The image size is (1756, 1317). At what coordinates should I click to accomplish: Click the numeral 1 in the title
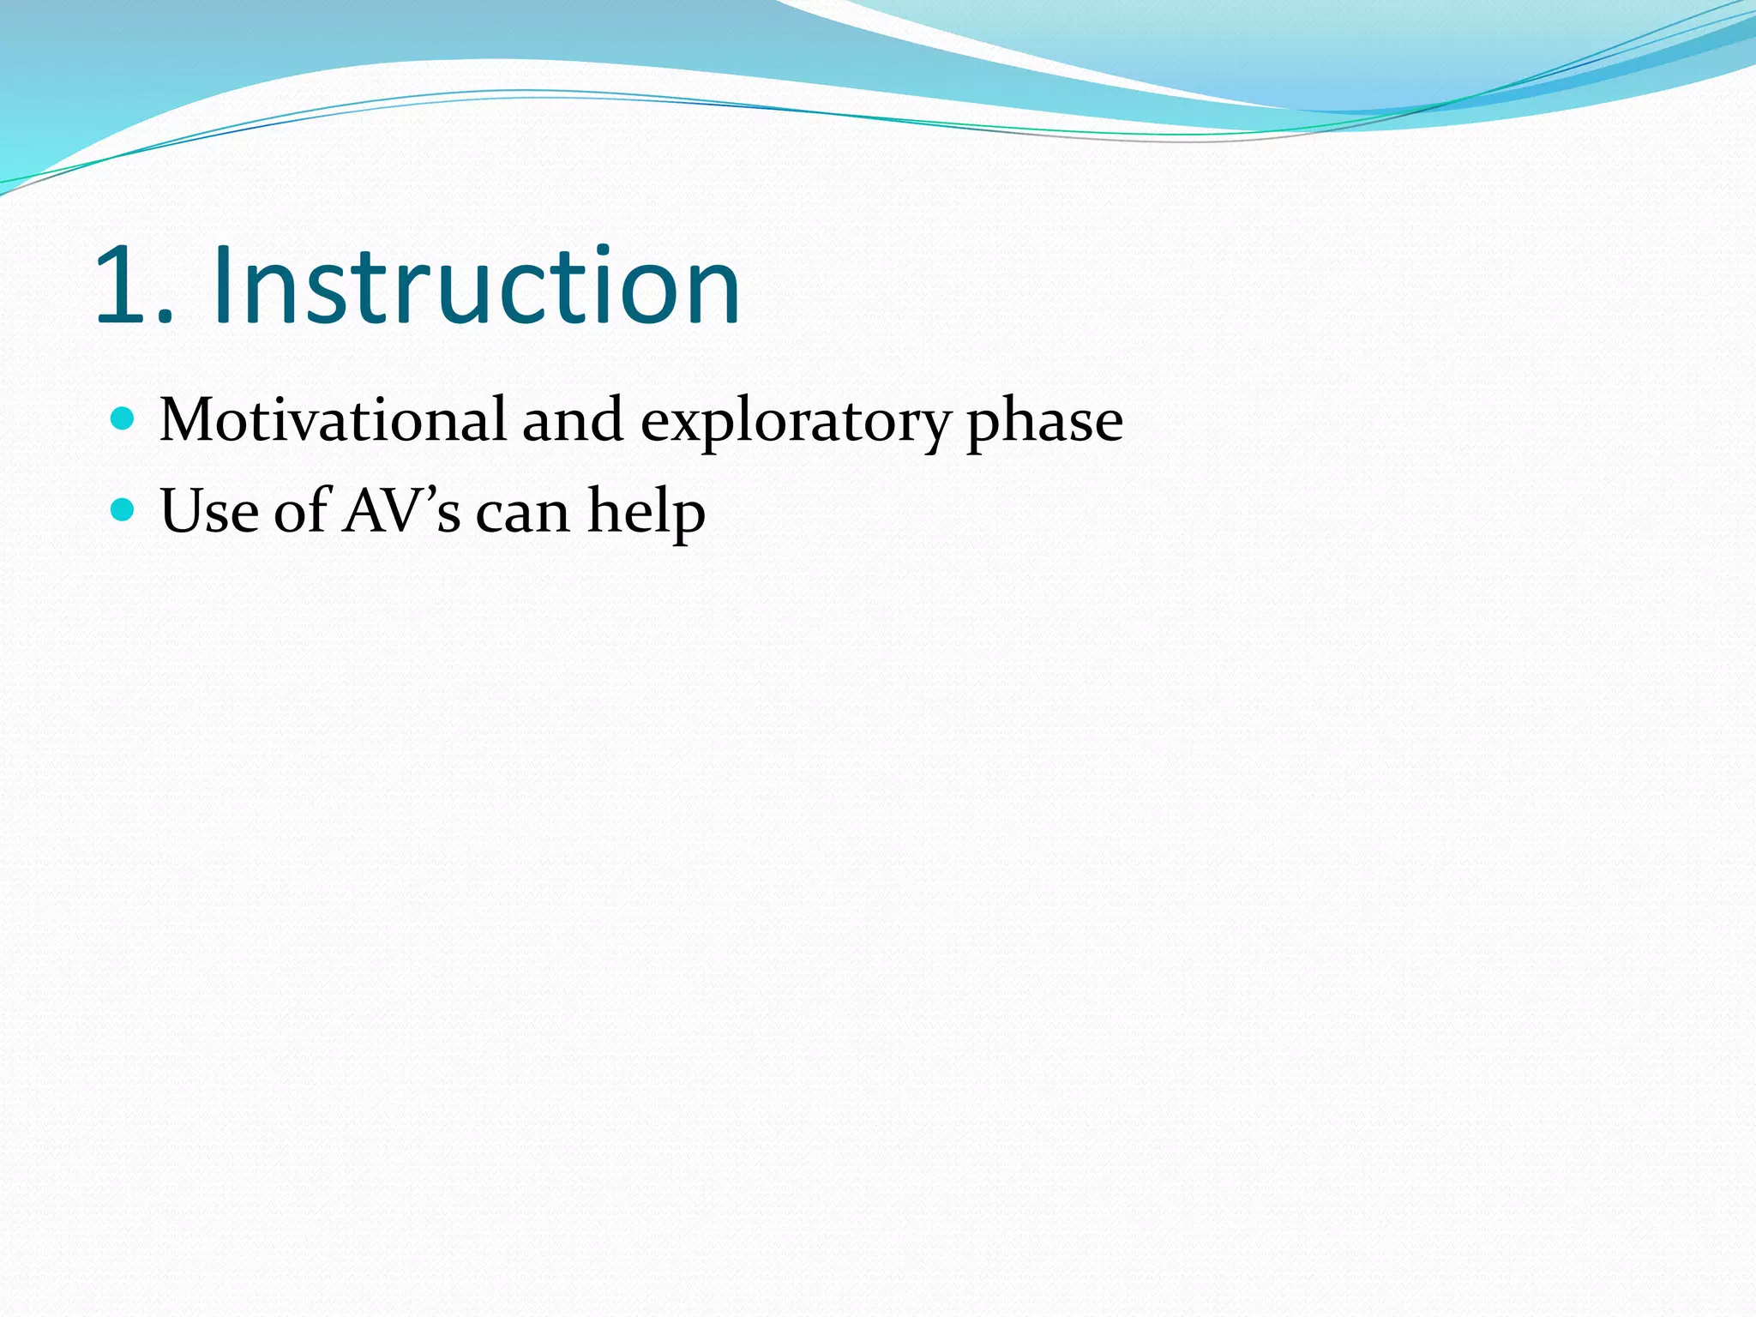(x=127, y=286)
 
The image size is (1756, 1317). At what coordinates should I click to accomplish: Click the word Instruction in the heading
(x=477, y=286)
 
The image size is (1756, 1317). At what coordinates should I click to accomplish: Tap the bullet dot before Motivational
(x=123, y=419)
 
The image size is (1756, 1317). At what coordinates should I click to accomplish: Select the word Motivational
(x=333, y=421)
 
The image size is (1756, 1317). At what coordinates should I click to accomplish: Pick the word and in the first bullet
(x=573, y=421)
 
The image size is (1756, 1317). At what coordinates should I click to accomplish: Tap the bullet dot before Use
(x=123, y=510)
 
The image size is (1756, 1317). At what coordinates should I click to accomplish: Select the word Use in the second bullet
(x=209, y=512)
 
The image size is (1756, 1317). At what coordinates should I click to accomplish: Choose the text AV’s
(x=401, y=512)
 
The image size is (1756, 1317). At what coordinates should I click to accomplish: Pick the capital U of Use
(x=183, y=512)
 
